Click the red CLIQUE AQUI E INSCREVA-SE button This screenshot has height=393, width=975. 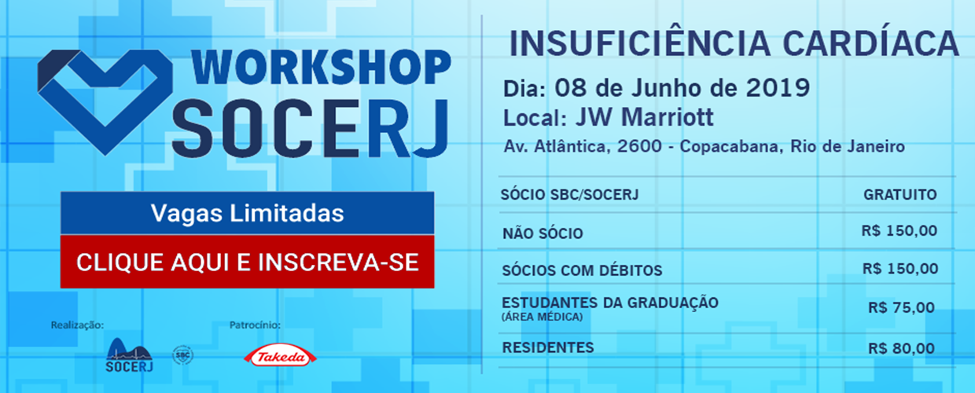tap(247, 262)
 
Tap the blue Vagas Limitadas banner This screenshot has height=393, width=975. tap(247, 213)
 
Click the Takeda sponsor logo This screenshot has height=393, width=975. tap(280, 357)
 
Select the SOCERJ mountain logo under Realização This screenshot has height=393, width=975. tap(129, 355)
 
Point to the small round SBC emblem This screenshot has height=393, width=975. tap(182, 355)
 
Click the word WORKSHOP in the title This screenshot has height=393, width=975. tap(321, 68)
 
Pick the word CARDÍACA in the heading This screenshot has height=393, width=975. tap(871, 43)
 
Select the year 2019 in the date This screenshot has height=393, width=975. tap(778, 88)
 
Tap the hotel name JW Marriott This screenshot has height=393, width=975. tap(645, 117)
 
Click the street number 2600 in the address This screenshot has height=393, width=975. tap(639, 146)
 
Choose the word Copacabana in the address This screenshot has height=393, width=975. tap(729, 146)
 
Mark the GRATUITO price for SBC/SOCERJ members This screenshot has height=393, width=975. tap(900, 195)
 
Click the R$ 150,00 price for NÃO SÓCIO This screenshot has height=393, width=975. tap(900, 230)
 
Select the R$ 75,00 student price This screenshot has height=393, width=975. tap(901, 307)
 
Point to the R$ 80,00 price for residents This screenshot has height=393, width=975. tap(901, 348)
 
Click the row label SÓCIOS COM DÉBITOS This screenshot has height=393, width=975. tap(582, 270)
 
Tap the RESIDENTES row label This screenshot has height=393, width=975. tap(548, 347)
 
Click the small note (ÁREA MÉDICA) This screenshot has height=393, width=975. tap(542, 317)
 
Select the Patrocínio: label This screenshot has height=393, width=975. tap(255, 325)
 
